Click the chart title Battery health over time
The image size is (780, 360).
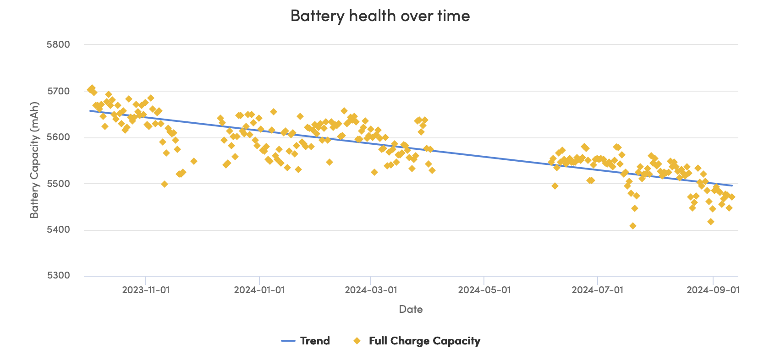tap(380, 16)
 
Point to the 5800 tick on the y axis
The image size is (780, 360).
tap(58, 44)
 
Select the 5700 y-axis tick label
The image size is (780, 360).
tap(58, 91)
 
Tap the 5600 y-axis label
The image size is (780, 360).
tap(58, 137)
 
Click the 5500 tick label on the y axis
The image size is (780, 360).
tap(58, 184)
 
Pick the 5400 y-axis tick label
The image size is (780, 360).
tap(58, 229)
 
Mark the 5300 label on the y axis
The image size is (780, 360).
tap(58, 276)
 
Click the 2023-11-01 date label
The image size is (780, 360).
tap(146, 290)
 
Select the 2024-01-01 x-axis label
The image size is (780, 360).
tap(259, 290)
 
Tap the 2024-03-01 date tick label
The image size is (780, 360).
tap(370, 290)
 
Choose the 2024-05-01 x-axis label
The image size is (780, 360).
tap(484, 290)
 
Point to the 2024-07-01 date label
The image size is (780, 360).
tap(598, 290)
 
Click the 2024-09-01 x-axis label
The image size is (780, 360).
tap(713, 290)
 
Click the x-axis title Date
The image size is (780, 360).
tap(411, 309)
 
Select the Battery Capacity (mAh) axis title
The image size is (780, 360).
tap(34, 160)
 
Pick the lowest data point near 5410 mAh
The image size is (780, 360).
tap(633, 226)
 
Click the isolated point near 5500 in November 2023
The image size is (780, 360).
tap(165, 184)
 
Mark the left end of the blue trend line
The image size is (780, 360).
tap(90, 110)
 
